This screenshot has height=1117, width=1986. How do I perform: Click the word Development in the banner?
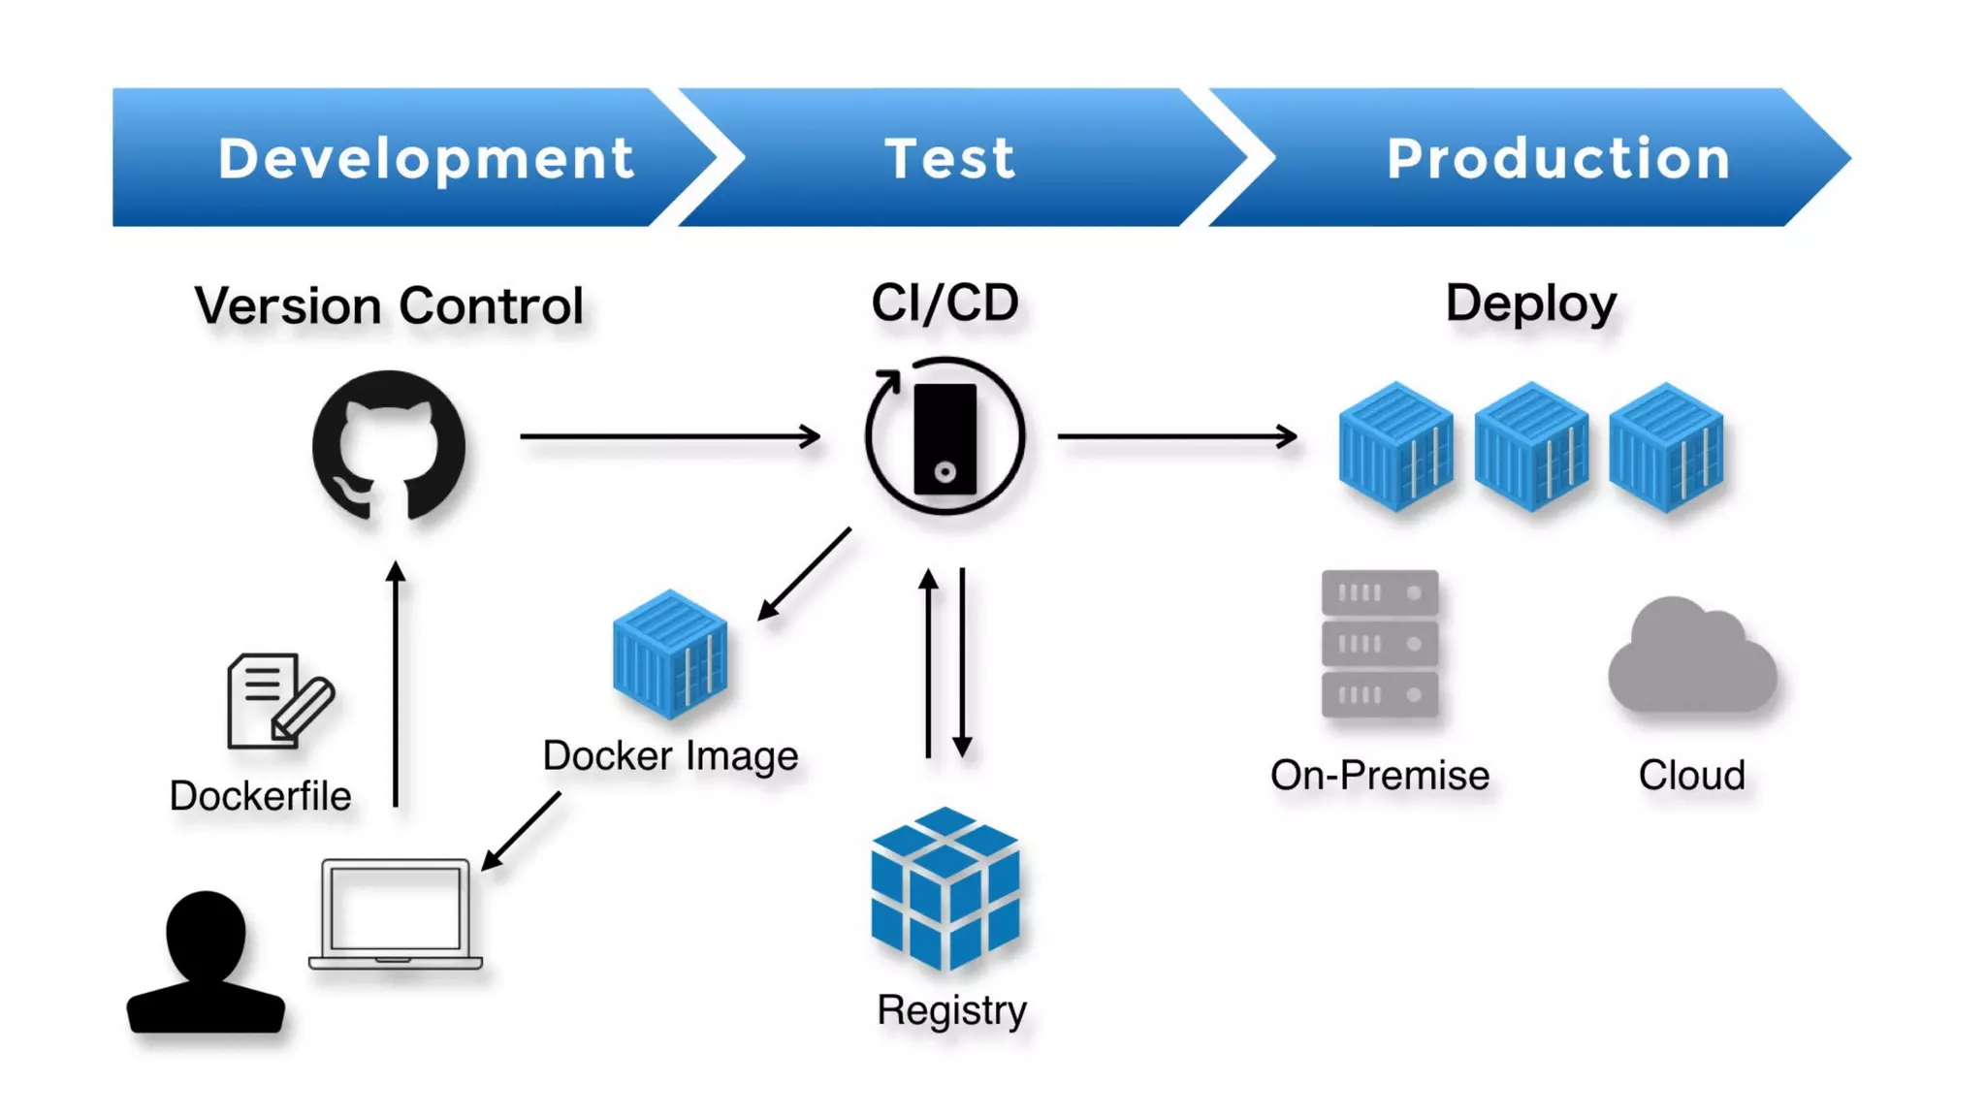click(426, 158)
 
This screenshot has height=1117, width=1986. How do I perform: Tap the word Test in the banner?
click(949, 158)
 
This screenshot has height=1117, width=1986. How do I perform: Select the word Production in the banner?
click(1558, 158)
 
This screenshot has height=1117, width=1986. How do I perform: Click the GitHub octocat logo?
click(389, 446)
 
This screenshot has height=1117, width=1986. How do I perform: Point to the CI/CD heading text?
click(945, 303)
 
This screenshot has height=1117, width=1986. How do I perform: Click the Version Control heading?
click(389, 305)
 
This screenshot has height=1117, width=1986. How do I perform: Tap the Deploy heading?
click(1530, 303)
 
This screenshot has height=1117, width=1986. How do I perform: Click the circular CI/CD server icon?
click(945, 436)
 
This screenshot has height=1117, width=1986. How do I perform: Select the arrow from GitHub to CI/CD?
click(669, 436)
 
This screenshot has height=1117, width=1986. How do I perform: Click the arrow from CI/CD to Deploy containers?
click(1176, 436)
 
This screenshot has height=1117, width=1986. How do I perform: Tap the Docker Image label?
click(670, 755)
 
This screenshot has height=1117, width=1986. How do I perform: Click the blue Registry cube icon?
click(945, 888)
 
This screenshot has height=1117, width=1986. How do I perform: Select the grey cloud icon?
click(1691, 657)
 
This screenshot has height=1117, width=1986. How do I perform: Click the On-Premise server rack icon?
click(1379, 644)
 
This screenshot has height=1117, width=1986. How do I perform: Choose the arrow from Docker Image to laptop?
click(522, 830)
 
